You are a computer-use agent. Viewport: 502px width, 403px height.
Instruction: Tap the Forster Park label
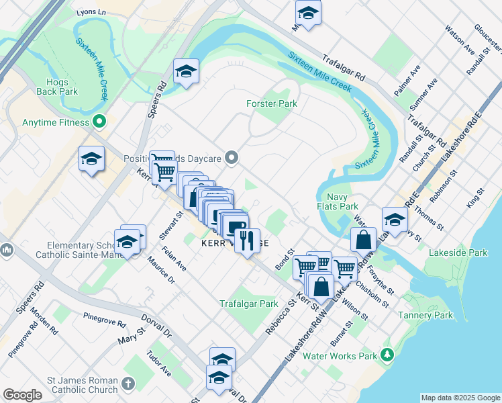(272, 103)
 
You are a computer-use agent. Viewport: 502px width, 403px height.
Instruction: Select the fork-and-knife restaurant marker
(247, 239)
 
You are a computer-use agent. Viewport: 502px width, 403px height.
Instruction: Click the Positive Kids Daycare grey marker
(232, 159)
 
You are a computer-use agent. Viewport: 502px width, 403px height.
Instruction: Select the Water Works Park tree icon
(387, 354)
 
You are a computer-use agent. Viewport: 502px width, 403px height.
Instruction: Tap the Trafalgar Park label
(249, 304)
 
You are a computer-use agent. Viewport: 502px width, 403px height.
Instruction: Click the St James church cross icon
(128, 384)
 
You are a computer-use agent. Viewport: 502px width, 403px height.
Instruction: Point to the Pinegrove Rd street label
(104, 319)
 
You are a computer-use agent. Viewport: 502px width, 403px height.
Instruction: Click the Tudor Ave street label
(159, 363)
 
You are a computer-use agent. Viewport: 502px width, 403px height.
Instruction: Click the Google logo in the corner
(22, 395)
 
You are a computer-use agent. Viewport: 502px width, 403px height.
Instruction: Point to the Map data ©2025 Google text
(460, 398)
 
